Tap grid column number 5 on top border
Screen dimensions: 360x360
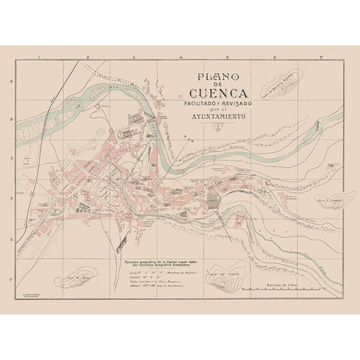click(x=229, y=57)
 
